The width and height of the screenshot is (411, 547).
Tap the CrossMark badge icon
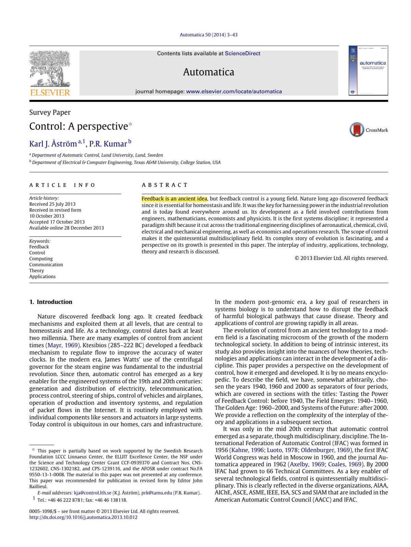pyautogui.click(x=357, y=130)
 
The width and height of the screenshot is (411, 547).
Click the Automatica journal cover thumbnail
pyautogui.click(x=368, y=70)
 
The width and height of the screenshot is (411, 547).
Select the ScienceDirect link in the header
pyautogui.click(x=242, y=53)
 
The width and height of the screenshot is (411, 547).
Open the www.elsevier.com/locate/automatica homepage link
pyautogui.click(x=234, y=91)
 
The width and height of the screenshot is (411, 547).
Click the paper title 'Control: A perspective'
pyautogui.click(x=78, y=126)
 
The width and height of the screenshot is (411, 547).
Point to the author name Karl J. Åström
pyautogui.click(x=53, y=144)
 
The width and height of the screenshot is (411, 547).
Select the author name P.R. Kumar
pyautogui.click(x=108, y=144)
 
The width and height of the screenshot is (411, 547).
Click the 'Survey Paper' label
pyautogui.click(x=50, y=112)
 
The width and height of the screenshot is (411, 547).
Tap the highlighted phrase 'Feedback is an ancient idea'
pyautogui.click(x=174, y=199)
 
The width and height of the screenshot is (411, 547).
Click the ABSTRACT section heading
pyautogui.click(x=165, y=185)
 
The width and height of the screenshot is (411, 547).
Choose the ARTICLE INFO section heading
pyautogui.click(x=62, y=185)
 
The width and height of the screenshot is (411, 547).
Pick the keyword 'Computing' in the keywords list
pyautogui.click(x=41, y=259)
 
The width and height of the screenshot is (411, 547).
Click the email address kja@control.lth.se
pyautogui.click(x=92, y=493)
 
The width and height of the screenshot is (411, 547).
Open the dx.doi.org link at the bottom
pyautogui.click(x=83, y=517)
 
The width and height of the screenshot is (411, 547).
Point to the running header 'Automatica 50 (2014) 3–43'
pyautogui.click(x=209, y=35)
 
